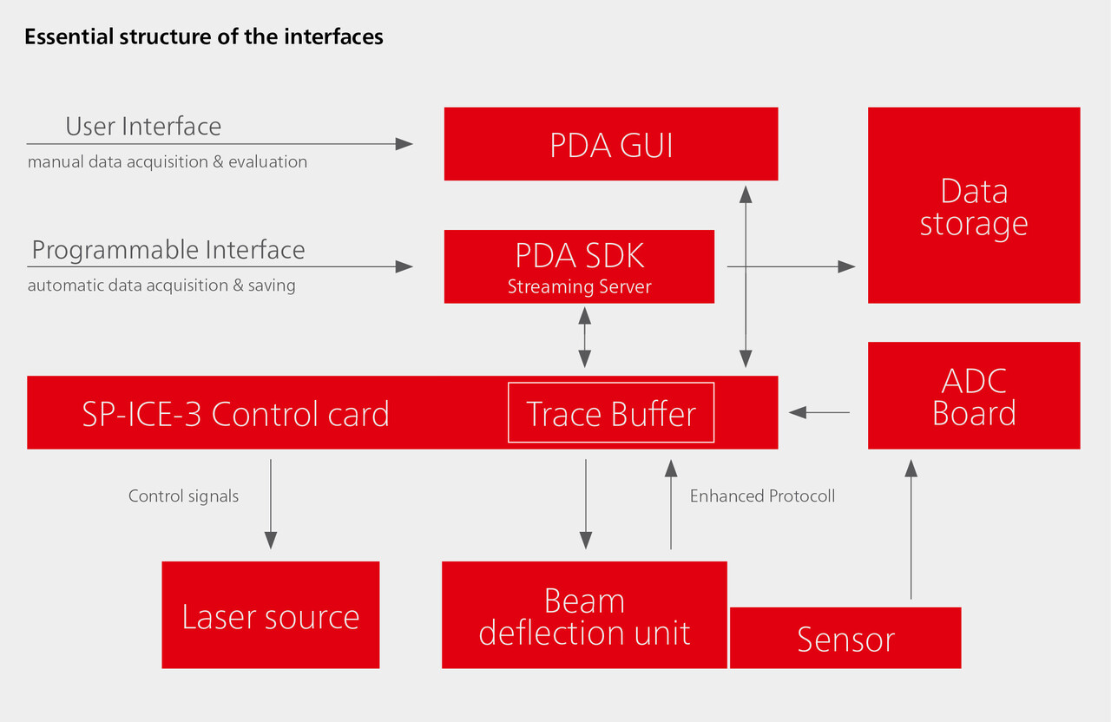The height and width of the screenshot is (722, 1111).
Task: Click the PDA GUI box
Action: pyautogui.click(x=610, y=144)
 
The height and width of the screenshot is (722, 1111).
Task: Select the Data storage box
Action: pyautogui.click(x=973, y=206)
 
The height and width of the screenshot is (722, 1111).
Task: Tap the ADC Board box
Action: pyautogui.click(x=973, y=396)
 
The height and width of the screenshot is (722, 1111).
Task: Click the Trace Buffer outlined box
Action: pyautogui.click(x=610, y=413)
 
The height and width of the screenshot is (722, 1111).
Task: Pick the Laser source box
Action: pyautogui.click(x=270, y=615)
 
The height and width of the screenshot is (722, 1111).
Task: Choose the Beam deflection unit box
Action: pyautogui.click(x=583, y=615)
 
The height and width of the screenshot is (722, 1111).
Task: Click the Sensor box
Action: pyautogui.click(x=845, y=638)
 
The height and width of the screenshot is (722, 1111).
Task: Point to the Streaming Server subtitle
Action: pyautogui.click(x=579, y=286)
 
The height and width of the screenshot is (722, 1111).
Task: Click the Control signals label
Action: pyautogui.click(x=183, y=496)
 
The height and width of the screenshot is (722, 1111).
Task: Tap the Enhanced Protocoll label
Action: pyautogui.click(x=762, y=496)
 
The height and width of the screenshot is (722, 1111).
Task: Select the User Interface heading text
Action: pyautogui.click(x=143, y=127)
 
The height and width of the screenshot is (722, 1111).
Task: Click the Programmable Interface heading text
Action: pyautogui.click(x=168, y=250)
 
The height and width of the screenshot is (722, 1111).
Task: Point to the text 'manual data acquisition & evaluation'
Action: pyautogui.click(x=168, y=162)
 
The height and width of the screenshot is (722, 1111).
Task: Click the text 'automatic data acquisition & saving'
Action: pyautogui.click(x=161, y=286)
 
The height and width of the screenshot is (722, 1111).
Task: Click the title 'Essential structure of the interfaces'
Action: pyautogui.click(x=204, y=37)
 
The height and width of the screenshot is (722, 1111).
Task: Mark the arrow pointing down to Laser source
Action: pyautogui.click(x=271, y=503)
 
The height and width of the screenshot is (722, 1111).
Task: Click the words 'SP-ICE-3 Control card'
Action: pyautogui.click(x=235, y=414)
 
